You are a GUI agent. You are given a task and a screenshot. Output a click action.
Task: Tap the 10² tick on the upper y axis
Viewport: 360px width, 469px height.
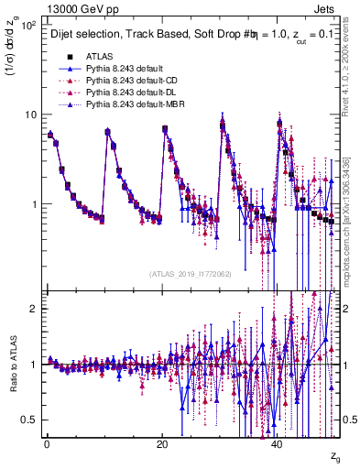(28, 26)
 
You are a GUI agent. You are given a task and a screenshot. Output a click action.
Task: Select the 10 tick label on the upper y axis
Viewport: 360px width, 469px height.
(30, 115)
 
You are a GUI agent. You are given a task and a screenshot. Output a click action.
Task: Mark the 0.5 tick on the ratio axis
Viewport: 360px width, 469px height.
(29, 420)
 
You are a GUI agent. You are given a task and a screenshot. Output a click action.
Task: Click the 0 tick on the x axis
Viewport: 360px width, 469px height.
(46, 442)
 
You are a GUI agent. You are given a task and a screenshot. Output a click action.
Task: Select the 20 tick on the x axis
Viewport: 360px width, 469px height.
(161, 442)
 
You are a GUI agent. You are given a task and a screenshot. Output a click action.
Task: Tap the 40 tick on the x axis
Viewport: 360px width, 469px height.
(278, 442)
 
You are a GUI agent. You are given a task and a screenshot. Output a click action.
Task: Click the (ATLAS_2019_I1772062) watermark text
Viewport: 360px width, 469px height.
(191, 273)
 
